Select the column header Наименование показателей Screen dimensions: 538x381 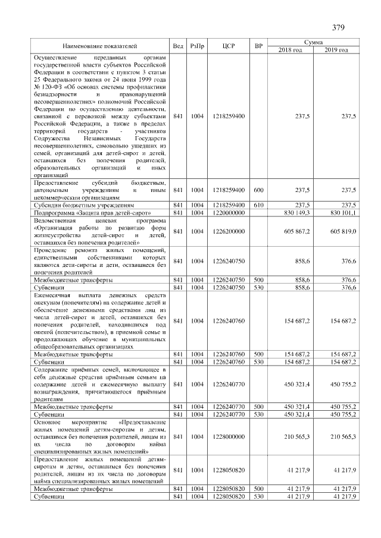(100, 46)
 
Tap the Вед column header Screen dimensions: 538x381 (178, 46)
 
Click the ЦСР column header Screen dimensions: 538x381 (229, 46)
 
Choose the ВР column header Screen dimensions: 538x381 (258, 46)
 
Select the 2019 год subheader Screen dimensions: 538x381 (336, 49)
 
